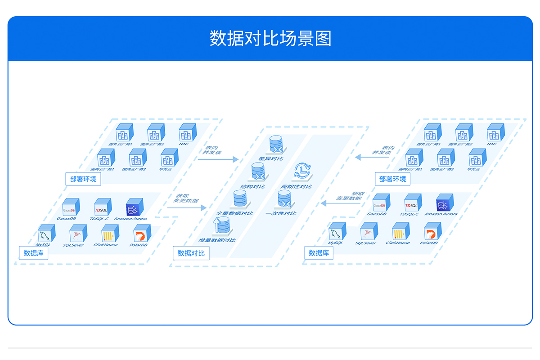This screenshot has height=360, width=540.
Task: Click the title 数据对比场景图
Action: [270, 39]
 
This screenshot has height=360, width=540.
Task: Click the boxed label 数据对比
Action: [191, 253]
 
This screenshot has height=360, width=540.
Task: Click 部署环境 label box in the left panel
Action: [83, 179]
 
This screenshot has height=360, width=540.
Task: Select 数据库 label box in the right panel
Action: [319, 253]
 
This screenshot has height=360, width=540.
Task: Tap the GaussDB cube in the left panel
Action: [71, 207]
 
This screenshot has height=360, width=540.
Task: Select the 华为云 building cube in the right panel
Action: [477, 158]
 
